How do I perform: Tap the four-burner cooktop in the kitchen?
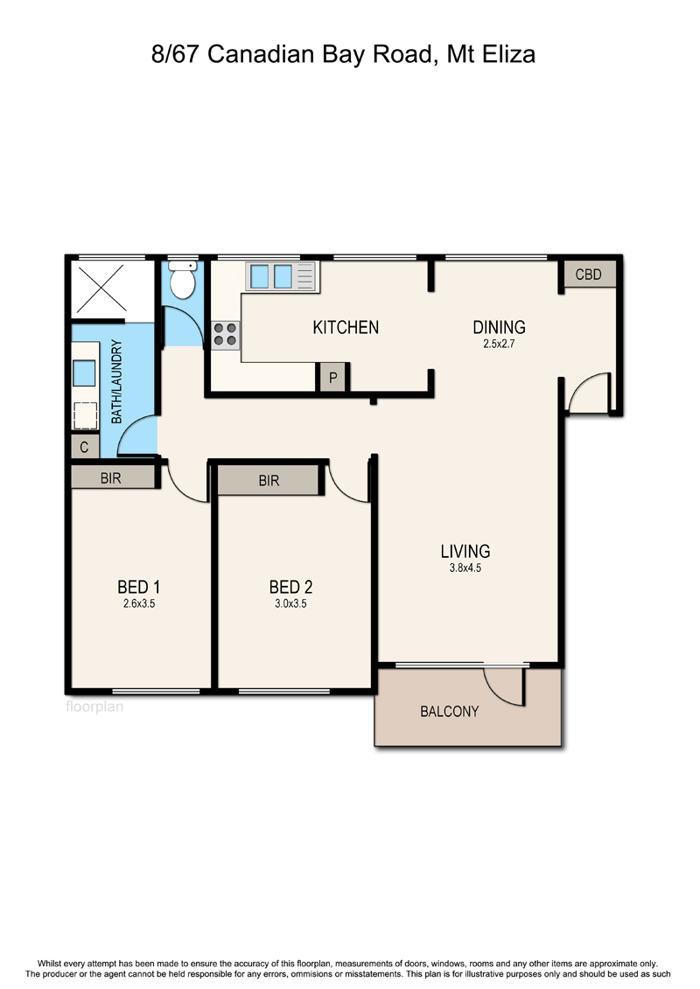coord(226,334)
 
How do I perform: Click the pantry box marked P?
coord(332,378)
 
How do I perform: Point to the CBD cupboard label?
coord(588,275)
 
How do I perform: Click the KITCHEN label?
coord(346,327)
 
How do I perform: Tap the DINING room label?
coord(500,327)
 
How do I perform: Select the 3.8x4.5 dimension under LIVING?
coord(465,568)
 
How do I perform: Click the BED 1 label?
coord(139,588)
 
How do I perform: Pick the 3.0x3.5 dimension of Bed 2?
coord(290,603)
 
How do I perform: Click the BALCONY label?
coord(450,712)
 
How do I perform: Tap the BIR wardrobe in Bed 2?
coord(269,481)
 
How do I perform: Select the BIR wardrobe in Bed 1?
coord(112,477)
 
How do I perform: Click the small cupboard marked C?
coord(85,447)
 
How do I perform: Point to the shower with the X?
coord(112,289)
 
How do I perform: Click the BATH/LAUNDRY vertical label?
coord(116,381)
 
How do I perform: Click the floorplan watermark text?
coord(94,707)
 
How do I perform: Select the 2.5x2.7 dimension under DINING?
coord(500,344)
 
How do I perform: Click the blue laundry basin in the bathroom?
coord(84,373)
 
